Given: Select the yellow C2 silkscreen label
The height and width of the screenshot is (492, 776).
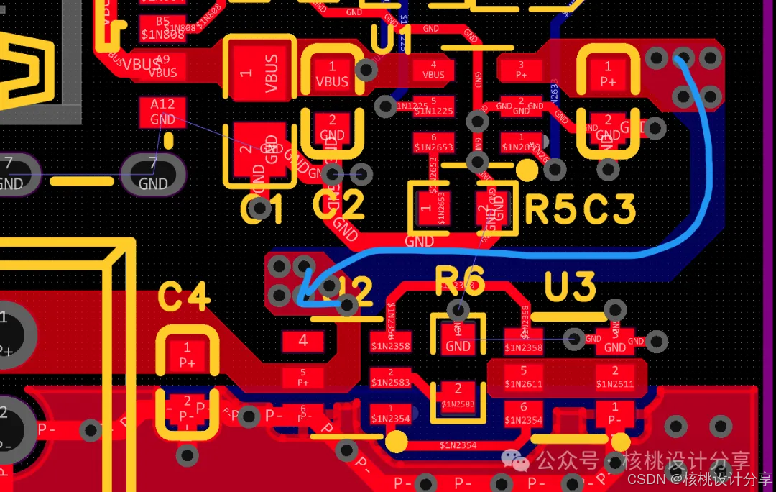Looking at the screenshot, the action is [x=339, y=206].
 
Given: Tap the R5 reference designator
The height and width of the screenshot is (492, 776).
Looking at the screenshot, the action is [x=551, y=209].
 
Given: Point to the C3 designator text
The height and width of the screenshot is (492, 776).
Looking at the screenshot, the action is [x=609, y=209].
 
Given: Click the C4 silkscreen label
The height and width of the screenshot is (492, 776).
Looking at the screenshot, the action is [x=184, y=297].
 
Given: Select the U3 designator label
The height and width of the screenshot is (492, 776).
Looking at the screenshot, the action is [x=570, y=288].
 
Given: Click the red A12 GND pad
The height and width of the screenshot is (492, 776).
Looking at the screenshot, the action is [x=163, y=112].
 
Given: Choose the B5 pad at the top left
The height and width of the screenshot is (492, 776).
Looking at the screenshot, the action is [x=162, y=28].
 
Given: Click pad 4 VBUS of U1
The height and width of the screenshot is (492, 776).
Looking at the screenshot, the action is [x=433, y=70].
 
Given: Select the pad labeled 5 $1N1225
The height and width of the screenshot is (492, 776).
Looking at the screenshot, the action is [x=433, y=106].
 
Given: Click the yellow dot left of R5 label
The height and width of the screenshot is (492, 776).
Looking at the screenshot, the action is [x=527, y=170].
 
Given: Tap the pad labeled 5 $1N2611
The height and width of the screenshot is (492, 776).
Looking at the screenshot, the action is [x=523, y=377].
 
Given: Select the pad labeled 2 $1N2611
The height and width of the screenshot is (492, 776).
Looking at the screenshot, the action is [x=615, y=377].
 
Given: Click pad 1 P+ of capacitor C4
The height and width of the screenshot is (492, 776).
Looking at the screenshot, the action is [x=187, y=355].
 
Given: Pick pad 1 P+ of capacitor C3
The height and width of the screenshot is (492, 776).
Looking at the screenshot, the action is [x=608, y=74].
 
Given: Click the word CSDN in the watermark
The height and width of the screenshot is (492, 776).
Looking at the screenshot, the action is [x=644, y=478].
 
